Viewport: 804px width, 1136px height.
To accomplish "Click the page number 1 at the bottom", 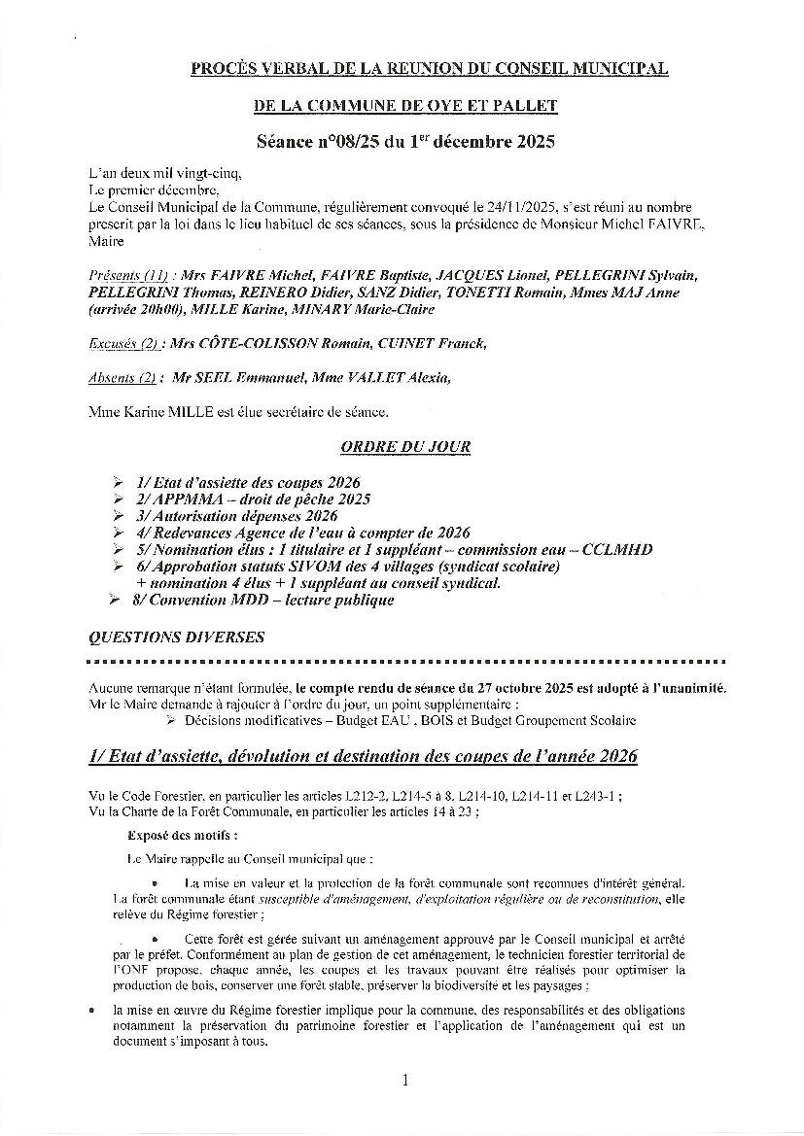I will (405, 1080).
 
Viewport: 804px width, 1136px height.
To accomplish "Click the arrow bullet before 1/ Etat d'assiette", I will (118, 482).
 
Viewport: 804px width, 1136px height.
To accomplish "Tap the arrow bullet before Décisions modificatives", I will (170, 720).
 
